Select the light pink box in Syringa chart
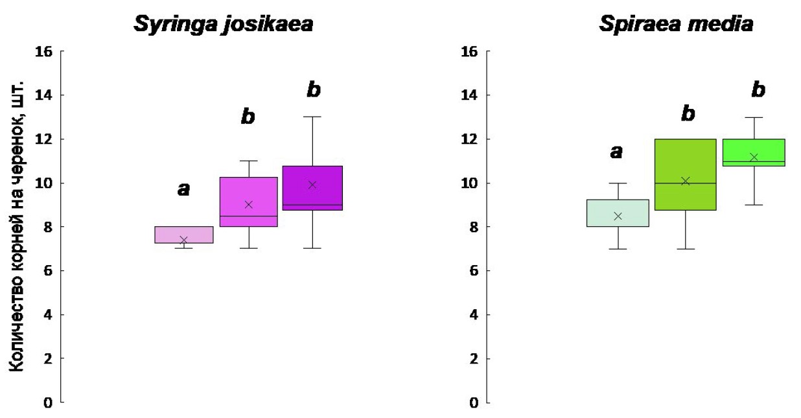(x=184, y=235)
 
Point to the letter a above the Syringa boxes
(x=184, y=190)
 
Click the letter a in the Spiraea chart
(x=616, y=152)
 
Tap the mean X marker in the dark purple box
(x=312, y=185)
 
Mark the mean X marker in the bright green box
(x=754, y=157)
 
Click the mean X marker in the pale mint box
(x=618, y=216)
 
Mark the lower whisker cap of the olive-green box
(x=686, y=249)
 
